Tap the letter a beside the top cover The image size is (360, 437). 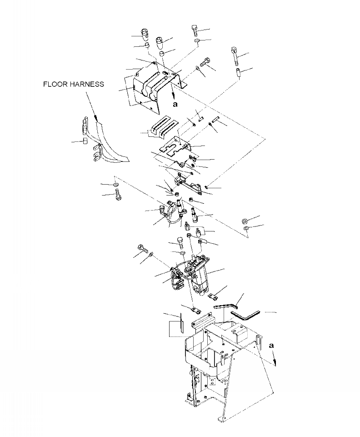175,104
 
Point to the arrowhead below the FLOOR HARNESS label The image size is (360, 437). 96,120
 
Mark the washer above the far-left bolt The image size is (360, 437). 115,185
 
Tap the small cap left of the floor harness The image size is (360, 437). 85,142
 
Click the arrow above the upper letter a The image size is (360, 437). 174,93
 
